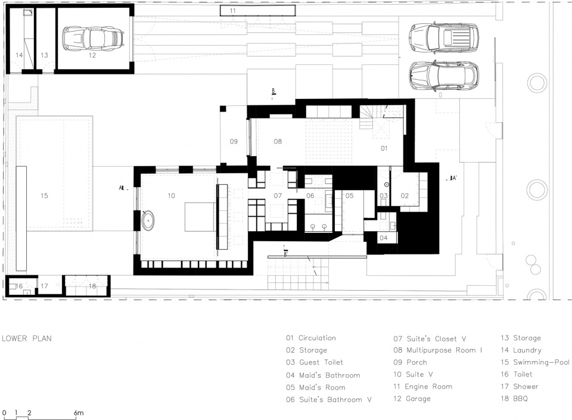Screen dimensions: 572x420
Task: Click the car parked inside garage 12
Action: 94,38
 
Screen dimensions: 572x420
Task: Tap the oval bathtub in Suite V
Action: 148,220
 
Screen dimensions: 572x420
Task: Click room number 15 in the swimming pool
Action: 44,196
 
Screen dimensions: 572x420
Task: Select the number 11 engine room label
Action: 233,11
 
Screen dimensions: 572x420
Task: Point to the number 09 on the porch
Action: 234,141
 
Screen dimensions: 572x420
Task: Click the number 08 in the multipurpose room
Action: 278,141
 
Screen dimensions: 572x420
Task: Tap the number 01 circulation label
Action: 384,148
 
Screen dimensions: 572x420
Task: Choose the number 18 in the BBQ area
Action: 92,286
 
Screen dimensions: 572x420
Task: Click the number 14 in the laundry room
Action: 19,55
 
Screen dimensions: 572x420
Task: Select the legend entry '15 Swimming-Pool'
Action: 535,362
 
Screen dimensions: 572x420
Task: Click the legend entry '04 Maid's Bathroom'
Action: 323,375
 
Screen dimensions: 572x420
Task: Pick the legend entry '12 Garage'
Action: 412,399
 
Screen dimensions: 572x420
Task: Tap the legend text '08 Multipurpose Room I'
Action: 438,350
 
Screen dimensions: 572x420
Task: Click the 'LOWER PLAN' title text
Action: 27,338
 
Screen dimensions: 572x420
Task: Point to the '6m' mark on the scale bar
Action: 79,413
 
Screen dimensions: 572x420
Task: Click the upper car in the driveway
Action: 443,38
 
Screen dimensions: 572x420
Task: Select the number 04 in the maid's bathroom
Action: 383,238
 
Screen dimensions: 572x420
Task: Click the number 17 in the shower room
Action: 44,286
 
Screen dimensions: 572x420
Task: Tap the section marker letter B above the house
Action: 273,91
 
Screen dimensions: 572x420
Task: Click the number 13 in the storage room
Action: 44,55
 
